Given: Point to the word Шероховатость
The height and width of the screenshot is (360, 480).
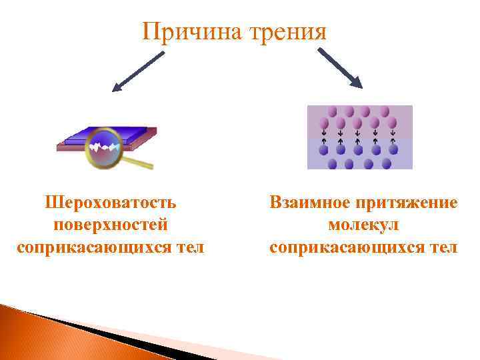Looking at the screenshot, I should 110,201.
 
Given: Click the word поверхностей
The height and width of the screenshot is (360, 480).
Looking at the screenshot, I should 110,225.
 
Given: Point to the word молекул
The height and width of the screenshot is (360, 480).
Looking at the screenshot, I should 363,225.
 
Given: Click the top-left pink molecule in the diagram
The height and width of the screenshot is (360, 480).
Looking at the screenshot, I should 332,111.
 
